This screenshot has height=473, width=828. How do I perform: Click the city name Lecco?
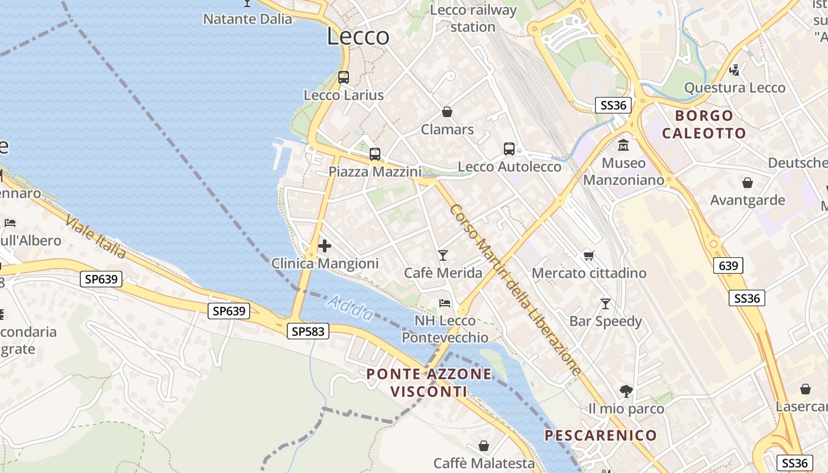(x=358, y=37)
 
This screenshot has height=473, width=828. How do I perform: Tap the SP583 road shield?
(x=308, y=332)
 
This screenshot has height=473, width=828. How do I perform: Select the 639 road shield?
(x=727, y=266)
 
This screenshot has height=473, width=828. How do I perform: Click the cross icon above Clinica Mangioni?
(x=324, y=246)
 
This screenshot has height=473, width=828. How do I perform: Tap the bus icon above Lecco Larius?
(x=344, y=77)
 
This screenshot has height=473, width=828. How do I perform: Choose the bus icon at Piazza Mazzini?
(x=375, y=154)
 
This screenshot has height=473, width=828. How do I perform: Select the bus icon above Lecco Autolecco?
(x=509, y=149)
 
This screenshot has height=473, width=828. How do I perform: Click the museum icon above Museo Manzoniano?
(x=623, y=145)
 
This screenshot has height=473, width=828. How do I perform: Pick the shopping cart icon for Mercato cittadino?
(x=588, y=255)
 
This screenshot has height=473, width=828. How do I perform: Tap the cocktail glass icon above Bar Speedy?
(x=606, y=304)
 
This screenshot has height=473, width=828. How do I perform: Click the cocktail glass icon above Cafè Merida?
(x=443, y=255)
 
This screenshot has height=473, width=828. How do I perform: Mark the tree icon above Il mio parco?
(x=626, y=391)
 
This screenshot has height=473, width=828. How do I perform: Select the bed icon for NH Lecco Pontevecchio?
(x=445, y=303)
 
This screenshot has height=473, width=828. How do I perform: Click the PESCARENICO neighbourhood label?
(x=600, y=436)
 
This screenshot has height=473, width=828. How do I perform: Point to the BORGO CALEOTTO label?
(x=704, y=124)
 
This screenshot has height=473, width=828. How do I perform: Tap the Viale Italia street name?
(x=95, y=237)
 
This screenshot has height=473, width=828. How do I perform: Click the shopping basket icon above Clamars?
(x=447, y=112)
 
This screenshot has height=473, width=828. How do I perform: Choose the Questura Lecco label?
(x=735, y=88)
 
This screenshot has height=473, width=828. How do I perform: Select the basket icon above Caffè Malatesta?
(x=484, y=446)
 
